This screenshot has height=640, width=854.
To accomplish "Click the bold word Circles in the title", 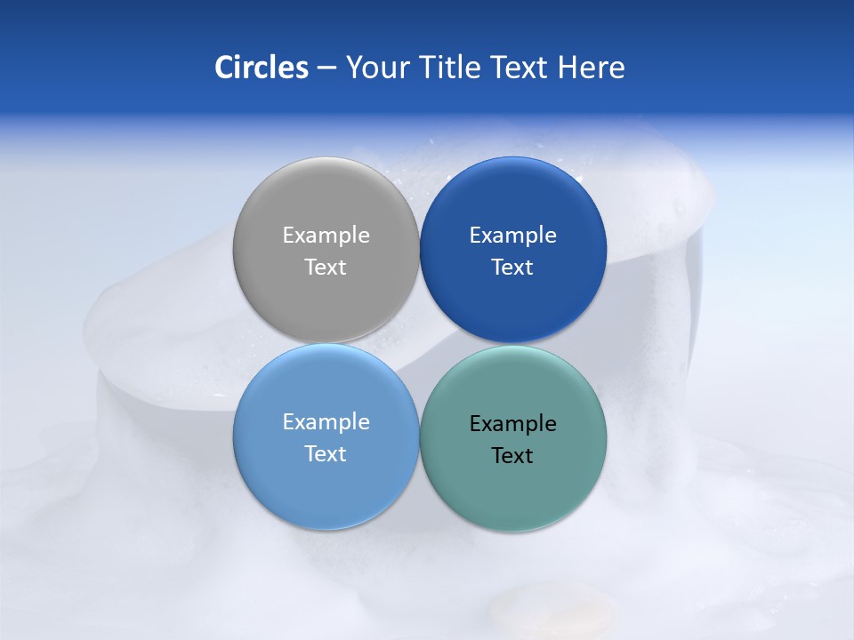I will tap(262, 68).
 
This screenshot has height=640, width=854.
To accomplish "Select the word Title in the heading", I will tap(450, 68).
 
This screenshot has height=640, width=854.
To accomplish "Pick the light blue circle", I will tap(326, 489).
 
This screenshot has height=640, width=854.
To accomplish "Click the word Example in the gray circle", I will tap(326, 236).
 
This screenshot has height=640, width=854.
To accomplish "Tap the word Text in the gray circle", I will tap(326, 267).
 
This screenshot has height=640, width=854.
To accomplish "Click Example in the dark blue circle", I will tap(512, 236).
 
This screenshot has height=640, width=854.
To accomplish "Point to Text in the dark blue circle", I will tap(512, 267).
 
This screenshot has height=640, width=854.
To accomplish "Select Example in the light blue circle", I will tap(326, 422).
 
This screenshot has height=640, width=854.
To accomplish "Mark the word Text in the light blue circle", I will tap(326, 453).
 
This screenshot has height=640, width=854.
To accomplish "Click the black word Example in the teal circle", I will tap(512, 424).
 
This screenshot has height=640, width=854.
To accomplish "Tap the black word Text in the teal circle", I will tap(512, 455).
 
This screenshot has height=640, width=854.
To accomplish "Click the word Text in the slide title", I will tap(520, 68).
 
